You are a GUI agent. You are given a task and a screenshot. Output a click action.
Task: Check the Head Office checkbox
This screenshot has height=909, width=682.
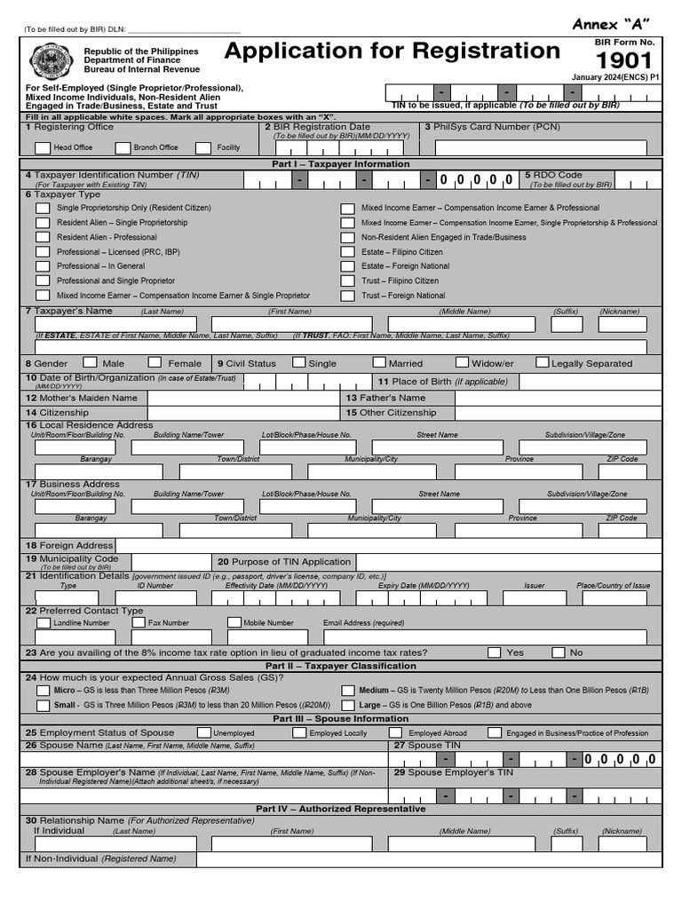(42, 147)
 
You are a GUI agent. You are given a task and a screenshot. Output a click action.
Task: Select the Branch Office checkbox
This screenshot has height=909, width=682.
(122, 147)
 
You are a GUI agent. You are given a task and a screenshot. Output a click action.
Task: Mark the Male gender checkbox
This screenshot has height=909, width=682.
(90, 362)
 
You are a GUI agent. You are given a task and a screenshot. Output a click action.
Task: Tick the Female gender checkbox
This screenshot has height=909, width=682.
(155, 362)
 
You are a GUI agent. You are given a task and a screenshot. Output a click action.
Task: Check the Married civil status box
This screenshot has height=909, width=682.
(379, 362)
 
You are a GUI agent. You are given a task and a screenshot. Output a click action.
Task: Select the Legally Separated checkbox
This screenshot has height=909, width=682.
(542, 362)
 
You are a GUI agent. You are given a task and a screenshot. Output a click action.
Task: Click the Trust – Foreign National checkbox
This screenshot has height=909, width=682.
(347, 296)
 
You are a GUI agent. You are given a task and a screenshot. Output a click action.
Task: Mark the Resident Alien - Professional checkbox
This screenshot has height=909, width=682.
(43, 238)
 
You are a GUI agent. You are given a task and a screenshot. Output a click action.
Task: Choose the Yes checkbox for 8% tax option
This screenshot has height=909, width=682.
(494, 652)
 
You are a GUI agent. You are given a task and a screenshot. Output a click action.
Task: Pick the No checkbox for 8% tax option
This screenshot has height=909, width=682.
(559, 652)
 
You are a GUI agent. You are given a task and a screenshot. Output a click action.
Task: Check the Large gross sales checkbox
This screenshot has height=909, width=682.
(348, 705)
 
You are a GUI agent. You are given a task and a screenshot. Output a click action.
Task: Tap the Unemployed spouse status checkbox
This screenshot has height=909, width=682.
(204, 733)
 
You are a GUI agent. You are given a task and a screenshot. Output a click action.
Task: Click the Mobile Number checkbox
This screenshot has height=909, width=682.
(234, 623)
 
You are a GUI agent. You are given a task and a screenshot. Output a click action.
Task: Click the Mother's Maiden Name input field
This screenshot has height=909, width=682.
(244, 399)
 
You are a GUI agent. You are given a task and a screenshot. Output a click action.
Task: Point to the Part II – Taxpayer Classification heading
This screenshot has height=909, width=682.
(340, 666)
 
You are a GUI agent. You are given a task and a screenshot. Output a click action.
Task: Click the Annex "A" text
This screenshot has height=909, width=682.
(611, 23)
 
